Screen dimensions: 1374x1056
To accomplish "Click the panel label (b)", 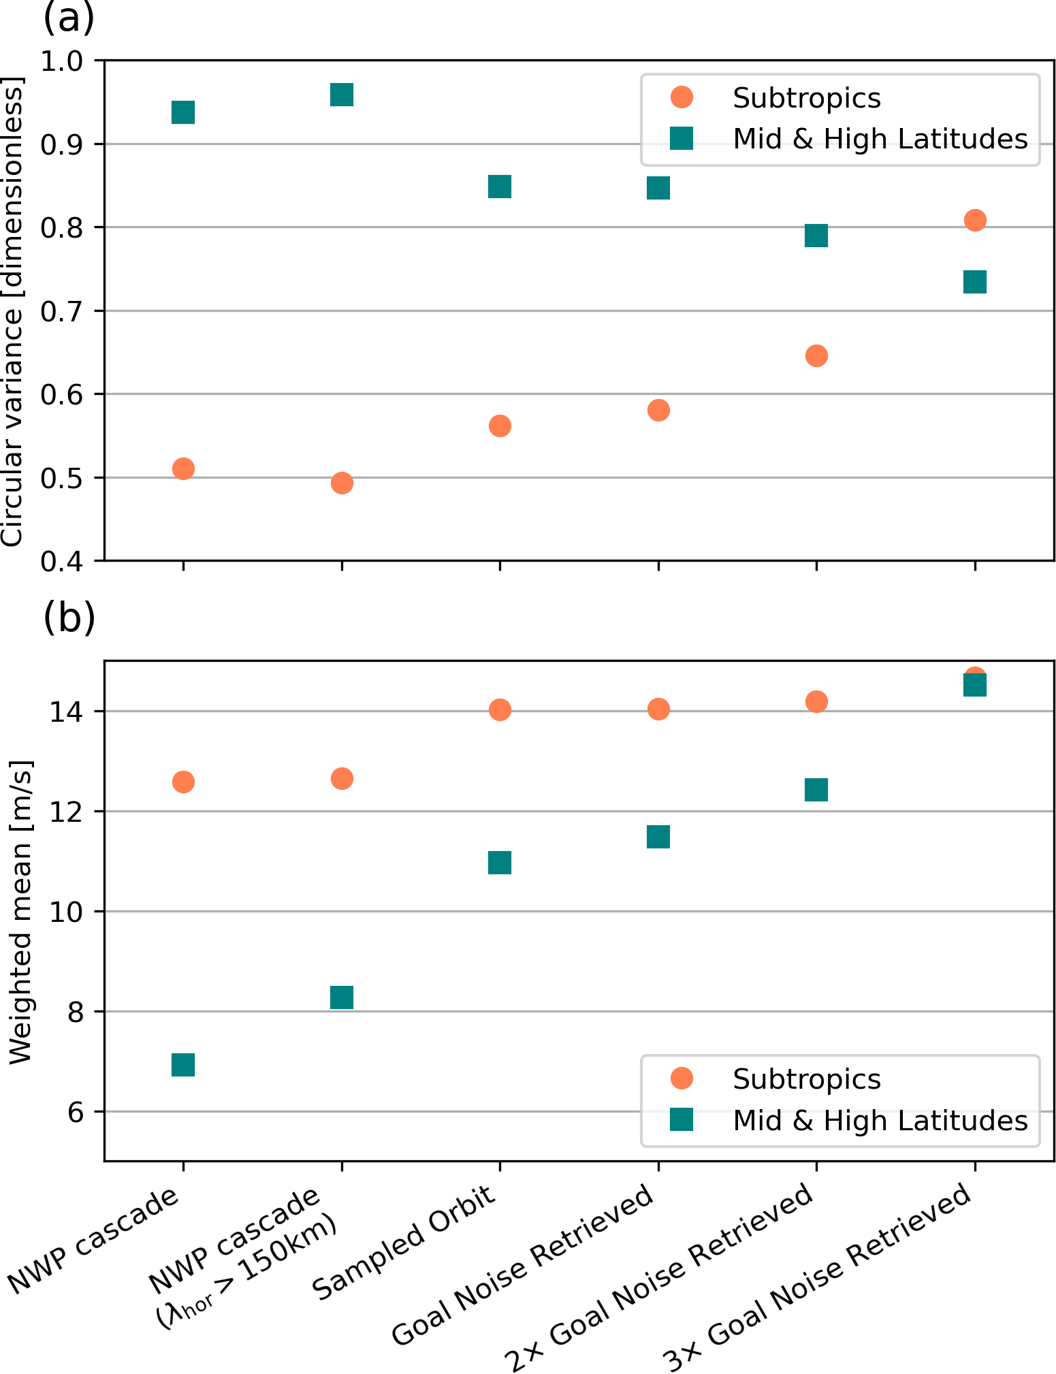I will coord(68,618).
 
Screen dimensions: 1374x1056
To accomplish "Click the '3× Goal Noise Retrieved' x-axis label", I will coord(817,1280).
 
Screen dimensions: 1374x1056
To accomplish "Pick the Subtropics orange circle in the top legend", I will coord(681,97).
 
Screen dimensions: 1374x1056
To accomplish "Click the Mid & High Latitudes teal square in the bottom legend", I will coord(681,1120).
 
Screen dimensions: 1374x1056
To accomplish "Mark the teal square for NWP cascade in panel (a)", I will coord(183,112).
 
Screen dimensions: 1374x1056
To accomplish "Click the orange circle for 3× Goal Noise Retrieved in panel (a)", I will coord(975,220).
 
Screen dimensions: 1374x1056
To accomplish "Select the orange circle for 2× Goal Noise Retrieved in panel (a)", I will coord(816,355).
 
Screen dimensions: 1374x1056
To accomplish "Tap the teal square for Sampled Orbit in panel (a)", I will coord(500,187).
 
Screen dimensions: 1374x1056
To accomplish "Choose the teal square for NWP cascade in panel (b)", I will coord(183,1064).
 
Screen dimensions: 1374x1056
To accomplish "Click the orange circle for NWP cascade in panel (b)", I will coord(183,782).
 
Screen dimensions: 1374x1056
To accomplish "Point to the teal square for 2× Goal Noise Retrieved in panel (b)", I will coord(816,790).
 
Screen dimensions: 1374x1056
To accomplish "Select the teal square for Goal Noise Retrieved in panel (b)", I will coord(658,837).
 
